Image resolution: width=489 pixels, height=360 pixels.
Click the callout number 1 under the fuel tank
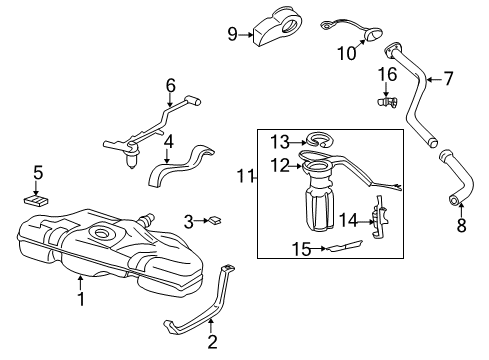click(x=81, y=297)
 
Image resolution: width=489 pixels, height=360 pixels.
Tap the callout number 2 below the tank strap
click(x=212, y=342)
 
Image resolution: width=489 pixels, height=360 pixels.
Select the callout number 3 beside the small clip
click(x=187, y=220)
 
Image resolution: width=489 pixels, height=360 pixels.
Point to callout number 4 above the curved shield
click(x=169, y=142)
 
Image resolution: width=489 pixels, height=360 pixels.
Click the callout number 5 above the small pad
click(x=37, y=173)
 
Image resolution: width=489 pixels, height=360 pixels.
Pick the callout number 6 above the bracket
click(x=170, y=85)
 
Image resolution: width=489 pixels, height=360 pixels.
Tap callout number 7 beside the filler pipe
click(x=447, y=77)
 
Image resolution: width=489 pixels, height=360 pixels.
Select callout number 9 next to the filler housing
click(x=232, y=34)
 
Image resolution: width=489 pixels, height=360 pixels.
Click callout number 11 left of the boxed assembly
click(x=244, y=177)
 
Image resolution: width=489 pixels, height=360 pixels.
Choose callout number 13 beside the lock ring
click(x=281, y=141)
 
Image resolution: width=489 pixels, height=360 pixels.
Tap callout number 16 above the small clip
click(x=386, y=75)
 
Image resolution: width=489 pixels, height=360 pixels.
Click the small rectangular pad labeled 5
click(x=38, y=200)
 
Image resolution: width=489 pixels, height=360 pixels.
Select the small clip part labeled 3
click(x=214, y=220)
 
